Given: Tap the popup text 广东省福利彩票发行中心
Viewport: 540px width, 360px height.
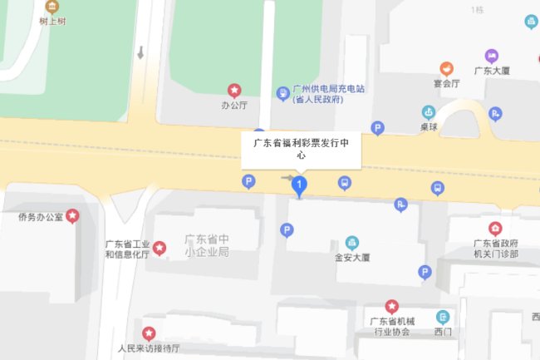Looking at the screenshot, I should point(302,148).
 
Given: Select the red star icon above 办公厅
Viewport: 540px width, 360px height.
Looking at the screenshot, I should point(234,90).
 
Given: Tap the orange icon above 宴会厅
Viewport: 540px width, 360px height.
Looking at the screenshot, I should point(447,67).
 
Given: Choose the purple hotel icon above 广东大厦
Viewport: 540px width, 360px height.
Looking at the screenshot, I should point(492,56).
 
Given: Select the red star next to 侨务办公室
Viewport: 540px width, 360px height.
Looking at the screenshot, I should point(73,216).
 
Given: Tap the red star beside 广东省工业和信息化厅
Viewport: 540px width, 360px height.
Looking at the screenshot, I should point(160,248).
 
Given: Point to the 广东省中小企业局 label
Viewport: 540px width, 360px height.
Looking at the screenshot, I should point(206,244).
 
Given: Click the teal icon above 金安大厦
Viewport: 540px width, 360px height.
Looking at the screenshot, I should point(352,242).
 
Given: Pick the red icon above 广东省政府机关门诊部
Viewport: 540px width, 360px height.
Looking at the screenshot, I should point(495,228).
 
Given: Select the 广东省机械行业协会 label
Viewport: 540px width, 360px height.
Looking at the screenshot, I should point(390,327).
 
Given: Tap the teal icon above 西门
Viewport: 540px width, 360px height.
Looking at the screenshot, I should point(444,317).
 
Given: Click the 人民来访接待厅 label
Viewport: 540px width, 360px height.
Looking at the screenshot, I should point(149,348).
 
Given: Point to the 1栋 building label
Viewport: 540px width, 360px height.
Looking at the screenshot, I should point(477,10).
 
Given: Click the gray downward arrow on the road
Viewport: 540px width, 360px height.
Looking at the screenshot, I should point(140,53).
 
